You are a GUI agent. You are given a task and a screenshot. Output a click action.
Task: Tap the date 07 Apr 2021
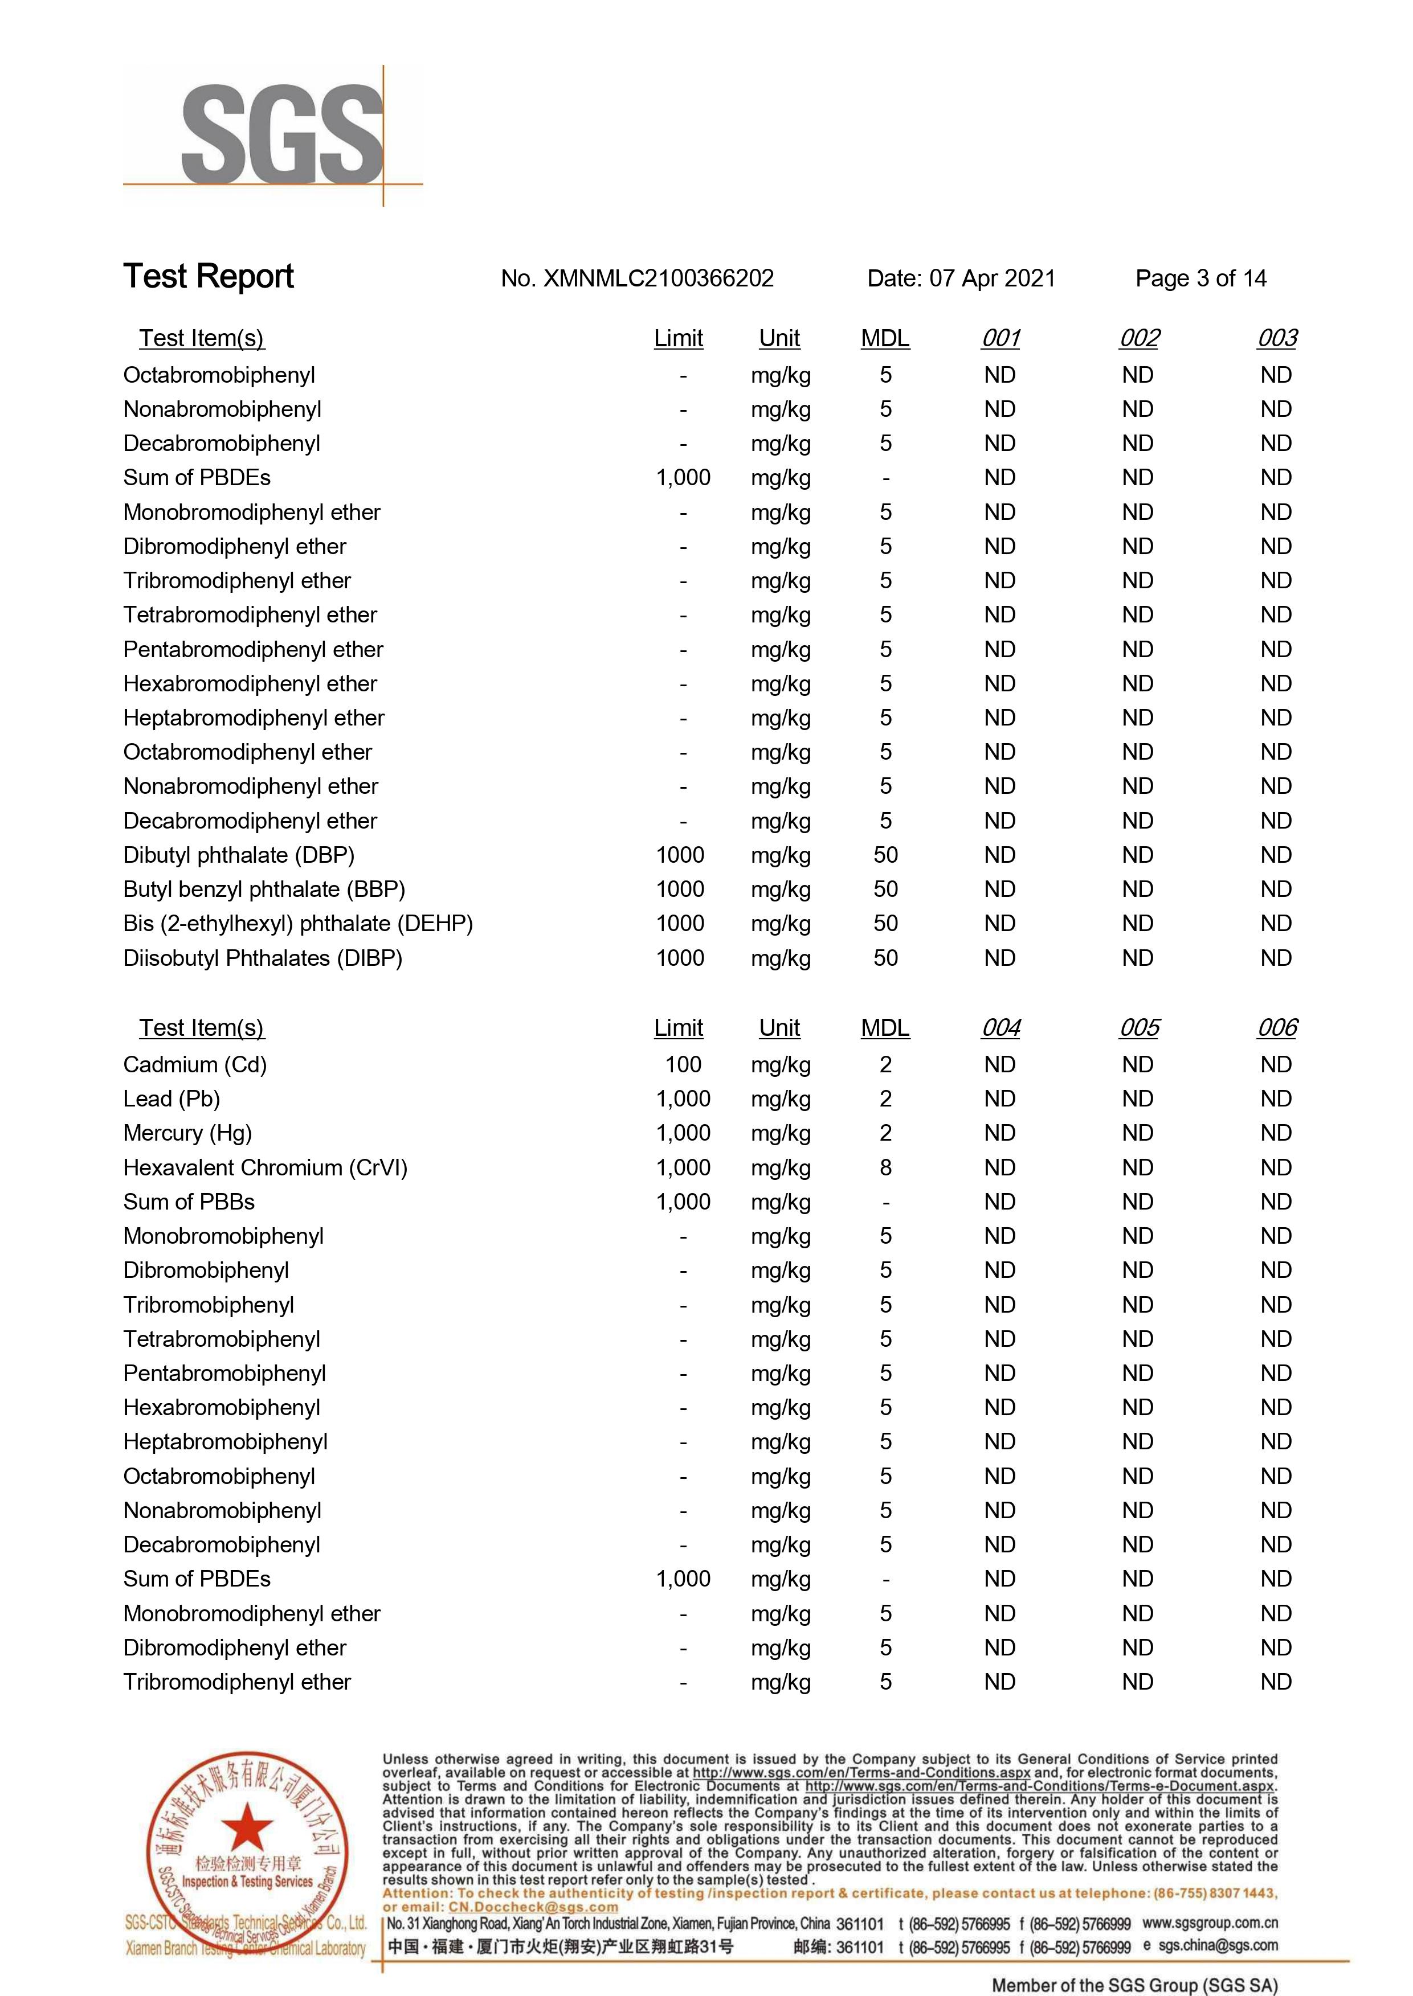point(992,279)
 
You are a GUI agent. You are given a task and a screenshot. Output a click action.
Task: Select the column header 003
point(1276,338)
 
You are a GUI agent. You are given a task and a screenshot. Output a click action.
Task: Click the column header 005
point(1139,1028)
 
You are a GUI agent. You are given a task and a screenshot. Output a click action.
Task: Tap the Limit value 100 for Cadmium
point(683,1064)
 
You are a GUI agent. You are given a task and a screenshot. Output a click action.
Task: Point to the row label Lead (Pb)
point(171,1099)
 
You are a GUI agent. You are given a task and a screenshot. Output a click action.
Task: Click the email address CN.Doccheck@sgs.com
point(533,1907)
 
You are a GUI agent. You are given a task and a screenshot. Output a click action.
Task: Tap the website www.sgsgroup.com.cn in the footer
point(1210,1923)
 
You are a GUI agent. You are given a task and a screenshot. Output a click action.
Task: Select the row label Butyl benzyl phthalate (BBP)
point(264,889)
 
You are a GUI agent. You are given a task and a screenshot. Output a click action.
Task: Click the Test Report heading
point(209,277)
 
